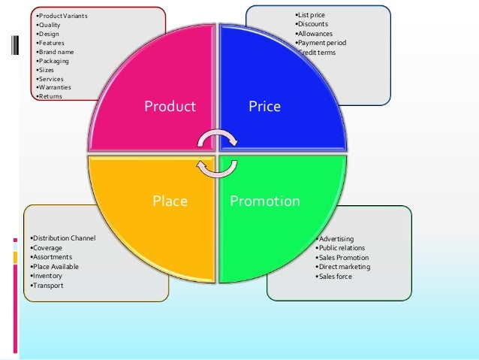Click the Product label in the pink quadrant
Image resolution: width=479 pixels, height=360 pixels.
point(170,107)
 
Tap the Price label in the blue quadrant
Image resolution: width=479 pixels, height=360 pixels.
point(264,107)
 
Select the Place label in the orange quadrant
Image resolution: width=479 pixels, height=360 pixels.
point(170,201)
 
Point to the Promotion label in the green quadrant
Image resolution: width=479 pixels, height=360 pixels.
point(264,201)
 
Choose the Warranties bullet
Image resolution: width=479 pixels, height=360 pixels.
point(55,87)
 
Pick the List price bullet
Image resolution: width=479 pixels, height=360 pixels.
point(311,15)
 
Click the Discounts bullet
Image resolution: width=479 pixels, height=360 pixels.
point(313,24)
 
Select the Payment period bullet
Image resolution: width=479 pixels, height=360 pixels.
point(321,43)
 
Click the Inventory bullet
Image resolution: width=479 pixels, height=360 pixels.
point(49,276)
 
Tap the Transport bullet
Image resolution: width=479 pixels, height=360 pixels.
point(49,286)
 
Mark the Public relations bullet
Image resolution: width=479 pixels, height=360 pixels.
point(342,248)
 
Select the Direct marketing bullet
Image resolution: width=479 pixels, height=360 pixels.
point(344,267)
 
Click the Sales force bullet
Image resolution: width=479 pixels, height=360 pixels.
point(335,277)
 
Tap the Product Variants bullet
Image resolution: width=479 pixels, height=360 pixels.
point(60,15)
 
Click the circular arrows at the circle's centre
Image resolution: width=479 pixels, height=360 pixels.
point(217,153)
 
